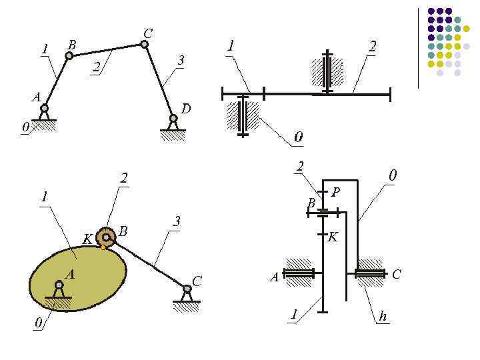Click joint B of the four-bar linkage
click(69, 55)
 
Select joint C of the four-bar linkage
click(144, 44)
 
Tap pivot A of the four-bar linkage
click(45, 108)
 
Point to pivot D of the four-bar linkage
click(173, 119)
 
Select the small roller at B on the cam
click(105, 237)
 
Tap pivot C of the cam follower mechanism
click(187, 289)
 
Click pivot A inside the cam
click(59, 286)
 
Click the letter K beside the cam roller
click(87, 239)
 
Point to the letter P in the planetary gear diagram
click(335, 192)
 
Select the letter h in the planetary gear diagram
click(382, 317)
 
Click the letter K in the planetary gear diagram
click(333, 236)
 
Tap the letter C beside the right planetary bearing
click(397, 274)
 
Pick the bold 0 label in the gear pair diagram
click(299, 137)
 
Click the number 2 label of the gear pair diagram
click(372, 46)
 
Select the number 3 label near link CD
click(180, 61)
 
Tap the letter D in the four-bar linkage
click(186, 108)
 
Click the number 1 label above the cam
click(44, 197)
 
